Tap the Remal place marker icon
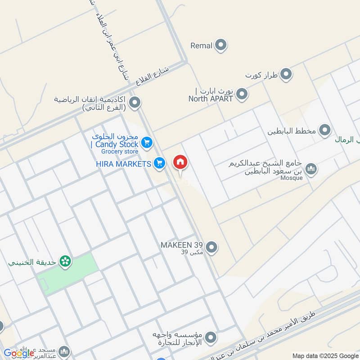pos(220,45)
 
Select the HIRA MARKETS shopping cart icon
pos(159,164)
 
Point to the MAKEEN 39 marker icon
pos(211,247)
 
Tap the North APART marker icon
pos(242,94)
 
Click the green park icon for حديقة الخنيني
pos(66,261)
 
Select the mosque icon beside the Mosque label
pos(310,169)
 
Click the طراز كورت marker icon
pos(286,74)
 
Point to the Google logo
pos(19,353)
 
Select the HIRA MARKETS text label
pos(123,164)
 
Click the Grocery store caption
pos(123,152)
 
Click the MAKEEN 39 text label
pos(182,246)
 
